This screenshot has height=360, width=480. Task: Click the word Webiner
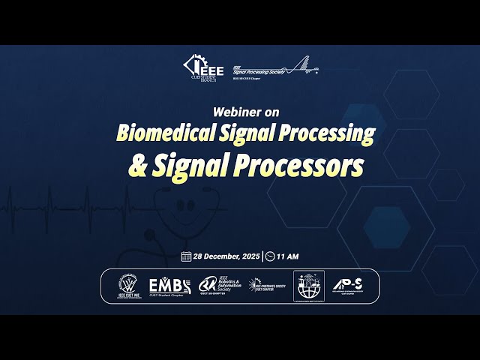click(x=232, y=112)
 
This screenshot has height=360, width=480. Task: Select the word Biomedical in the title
click(x=156, y=133)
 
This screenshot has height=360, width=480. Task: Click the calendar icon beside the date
click(x=186, y=256)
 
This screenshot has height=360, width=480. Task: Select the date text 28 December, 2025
click(x=226, y=256)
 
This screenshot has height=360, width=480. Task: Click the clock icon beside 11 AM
click(x=270, y=256)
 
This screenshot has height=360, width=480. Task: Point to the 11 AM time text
click(x=287, y=256)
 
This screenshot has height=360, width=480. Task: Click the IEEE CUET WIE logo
click(x=129, y=286)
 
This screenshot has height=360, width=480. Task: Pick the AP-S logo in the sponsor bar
click(x=349, y=286)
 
